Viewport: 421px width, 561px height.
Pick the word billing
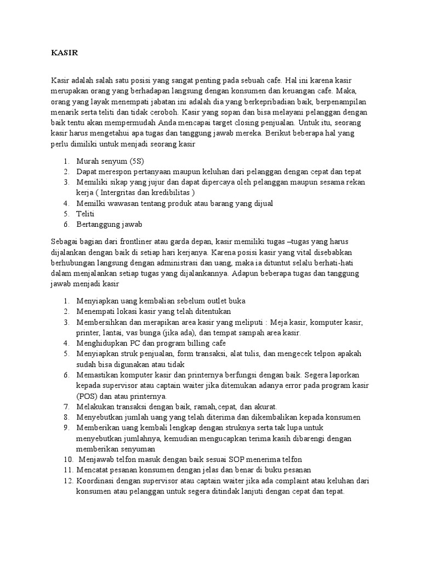(187, 343)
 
